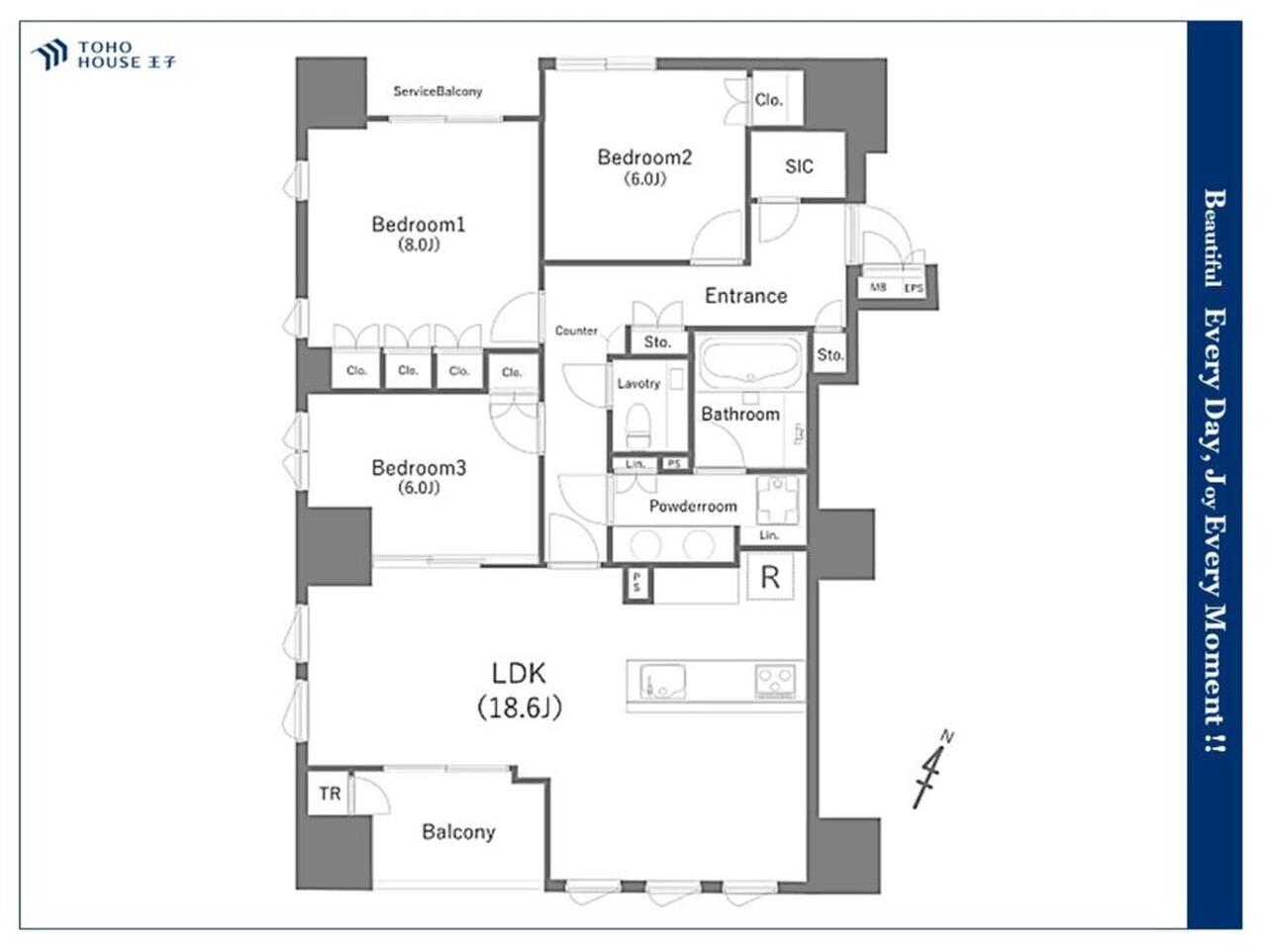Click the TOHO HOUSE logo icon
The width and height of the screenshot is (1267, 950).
point(49,54)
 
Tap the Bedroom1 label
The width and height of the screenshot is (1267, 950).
point(419,225)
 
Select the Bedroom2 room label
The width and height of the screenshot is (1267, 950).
point(644,157)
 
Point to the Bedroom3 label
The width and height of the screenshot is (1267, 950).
point(419,468)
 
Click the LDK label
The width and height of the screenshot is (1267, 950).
point(519,673)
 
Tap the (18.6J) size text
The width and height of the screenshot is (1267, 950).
point(520,708)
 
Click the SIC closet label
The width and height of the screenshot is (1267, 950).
point(799,166)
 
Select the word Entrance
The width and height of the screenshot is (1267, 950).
point(745,296)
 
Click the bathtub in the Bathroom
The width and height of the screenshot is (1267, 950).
point(750,363)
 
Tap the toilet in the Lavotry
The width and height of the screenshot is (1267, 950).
point(637,426)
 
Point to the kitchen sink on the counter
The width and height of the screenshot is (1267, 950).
point(662,681)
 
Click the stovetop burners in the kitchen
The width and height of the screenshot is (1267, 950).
point(775,681)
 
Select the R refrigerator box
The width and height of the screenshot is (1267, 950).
point(770,577)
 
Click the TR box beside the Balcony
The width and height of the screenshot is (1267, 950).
point(330,794)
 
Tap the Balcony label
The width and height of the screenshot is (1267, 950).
point(458,832)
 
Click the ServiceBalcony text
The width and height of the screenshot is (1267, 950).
point(438,91)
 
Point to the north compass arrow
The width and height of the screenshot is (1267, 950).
point(932,770)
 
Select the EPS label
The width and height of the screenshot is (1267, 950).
point(914,288)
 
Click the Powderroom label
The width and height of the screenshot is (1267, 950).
point(693,506)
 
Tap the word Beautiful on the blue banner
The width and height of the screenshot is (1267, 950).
point(1214,237)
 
